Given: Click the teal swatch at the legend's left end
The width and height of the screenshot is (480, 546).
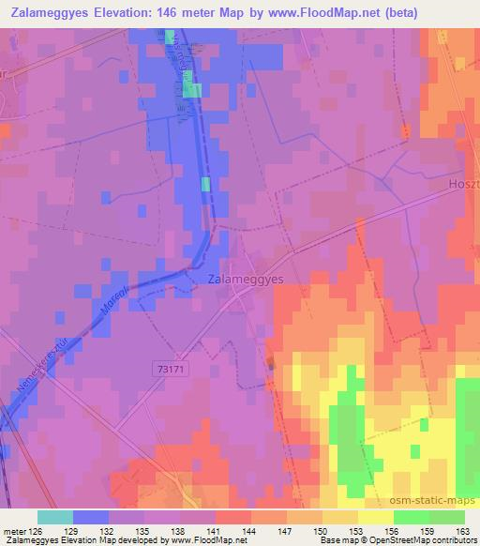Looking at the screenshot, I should point(55,516).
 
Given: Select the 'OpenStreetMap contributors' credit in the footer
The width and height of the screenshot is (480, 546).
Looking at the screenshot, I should point(421,540).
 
